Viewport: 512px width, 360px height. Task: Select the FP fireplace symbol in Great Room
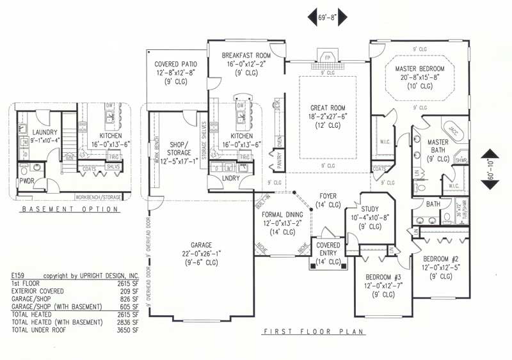pyautogui.click(x=327, y=58)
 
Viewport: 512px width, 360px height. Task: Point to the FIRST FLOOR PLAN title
pyautogui.click(x=314, y=332)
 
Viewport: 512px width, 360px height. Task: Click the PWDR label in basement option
pyautogui.click(x=26, y=182)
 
